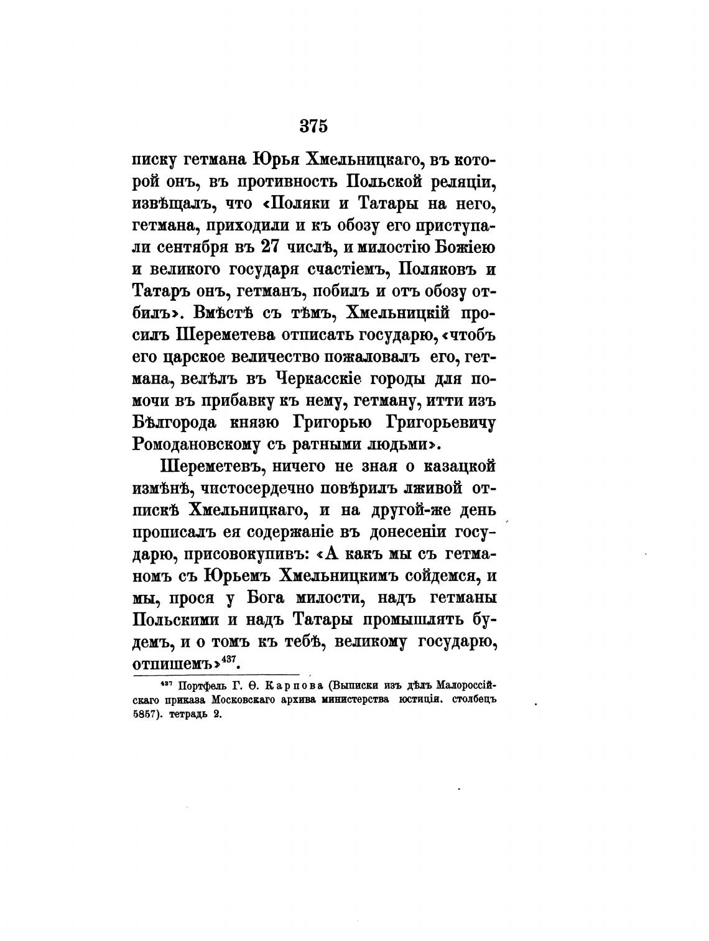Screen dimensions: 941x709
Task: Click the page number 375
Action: [x=313, y=126]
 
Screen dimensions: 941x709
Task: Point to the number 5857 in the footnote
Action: [x=147, y=715]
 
